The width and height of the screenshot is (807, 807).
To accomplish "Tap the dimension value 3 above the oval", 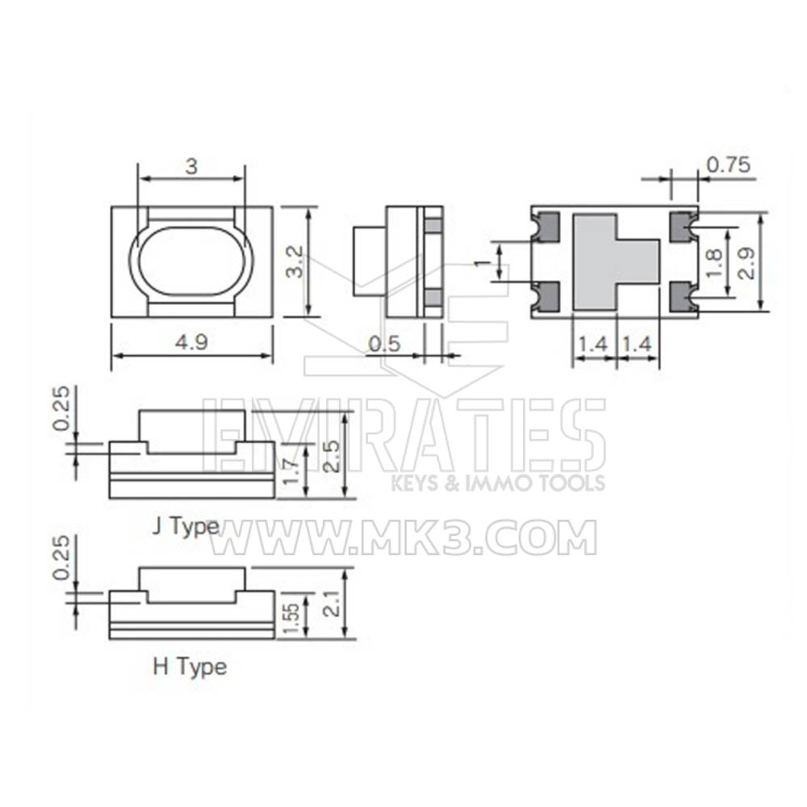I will click(x=191, y=166).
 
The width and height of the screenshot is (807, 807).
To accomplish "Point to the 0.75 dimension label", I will click(x=728, y=165).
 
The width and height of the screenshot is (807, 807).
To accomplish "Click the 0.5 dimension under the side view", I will click(x=384, y=344).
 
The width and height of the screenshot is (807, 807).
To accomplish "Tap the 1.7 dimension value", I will click(x=295, y=473).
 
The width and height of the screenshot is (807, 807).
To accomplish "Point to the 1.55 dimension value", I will click(x=294, y=618).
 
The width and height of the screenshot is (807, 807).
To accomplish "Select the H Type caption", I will click(x=190, y=667).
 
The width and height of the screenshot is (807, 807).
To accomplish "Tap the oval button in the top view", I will click(x=191, y=261).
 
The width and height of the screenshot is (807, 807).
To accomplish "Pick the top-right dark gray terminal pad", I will click(x=683, y=227).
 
